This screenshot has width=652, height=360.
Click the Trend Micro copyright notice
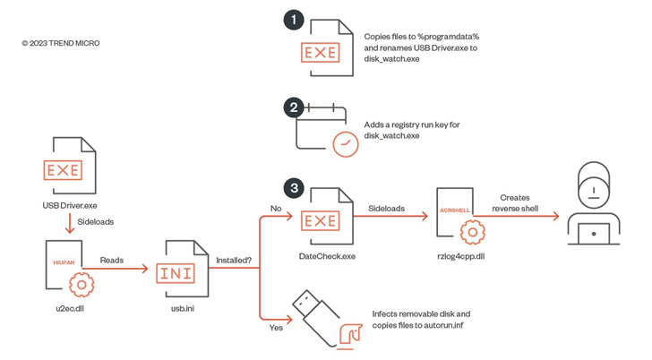point(60,43)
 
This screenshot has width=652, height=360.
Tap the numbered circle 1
point(294,20)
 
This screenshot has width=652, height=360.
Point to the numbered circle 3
point(294,188)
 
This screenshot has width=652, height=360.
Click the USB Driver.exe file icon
point(68,168)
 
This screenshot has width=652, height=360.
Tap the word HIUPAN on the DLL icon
point(63,263)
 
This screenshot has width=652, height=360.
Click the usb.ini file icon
point(176,270)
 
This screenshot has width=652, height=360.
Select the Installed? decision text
point(233,261)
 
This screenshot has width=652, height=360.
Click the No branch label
point(276,208)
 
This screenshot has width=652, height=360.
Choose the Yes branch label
point(276,327)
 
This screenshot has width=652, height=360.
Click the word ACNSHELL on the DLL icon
point(455,210)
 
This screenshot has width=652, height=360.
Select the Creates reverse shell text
point(515,202)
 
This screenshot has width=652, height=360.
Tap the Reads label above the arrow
point(112,261)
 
